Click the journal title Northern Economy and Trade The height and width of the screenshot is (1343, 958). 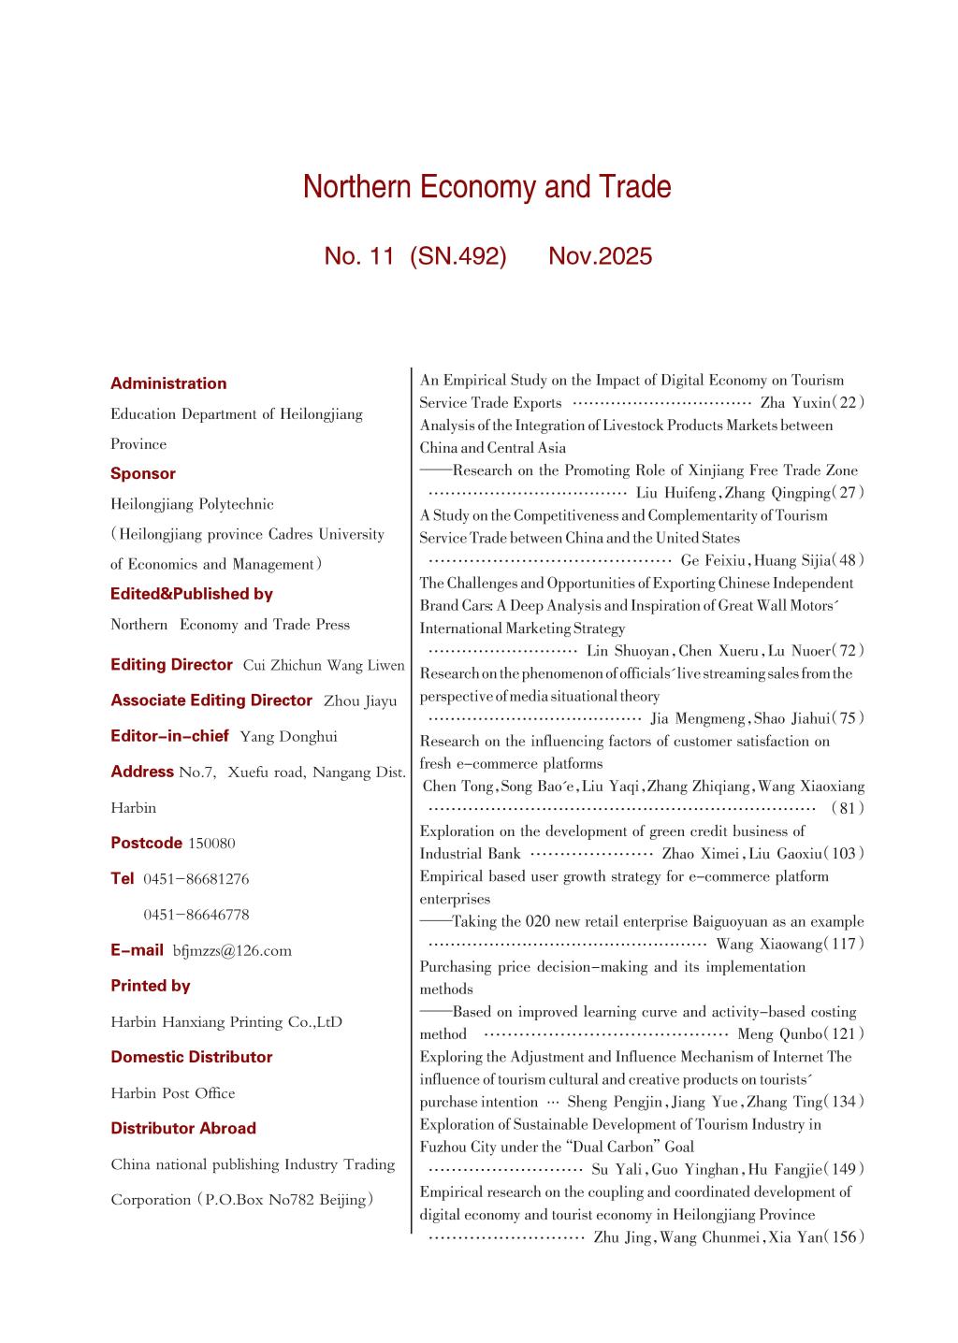(486, 188)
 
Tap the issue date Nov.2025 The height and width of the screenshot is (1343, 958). (600, 256)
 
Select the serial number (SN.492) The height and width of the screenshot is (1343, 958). (457, 256)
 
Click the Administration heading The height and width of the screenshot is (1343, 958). (168, 383)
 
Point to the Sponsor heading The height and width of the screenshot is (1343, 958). (143, 473)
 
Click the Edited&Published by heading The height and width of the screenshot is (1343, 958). (192, 594)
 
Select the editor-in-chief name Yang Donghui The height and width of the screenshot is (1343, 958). (288, 737)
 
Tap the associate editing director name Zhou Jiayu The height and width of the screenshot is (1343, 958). (360, 701)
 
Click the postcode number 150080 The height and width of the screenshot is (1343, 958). (211, 844)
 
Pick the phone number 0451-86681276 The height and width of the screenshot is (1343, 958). (196, 879)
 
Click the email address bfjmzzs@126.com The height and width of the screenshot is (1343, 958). (232, 951)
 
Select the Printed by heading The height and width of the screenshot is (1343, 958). (151, 986)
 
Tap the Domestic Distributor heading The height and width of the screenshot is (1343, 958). (192, 1057)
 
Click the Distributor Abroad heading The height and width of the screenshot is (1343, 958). (183, 1129)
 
